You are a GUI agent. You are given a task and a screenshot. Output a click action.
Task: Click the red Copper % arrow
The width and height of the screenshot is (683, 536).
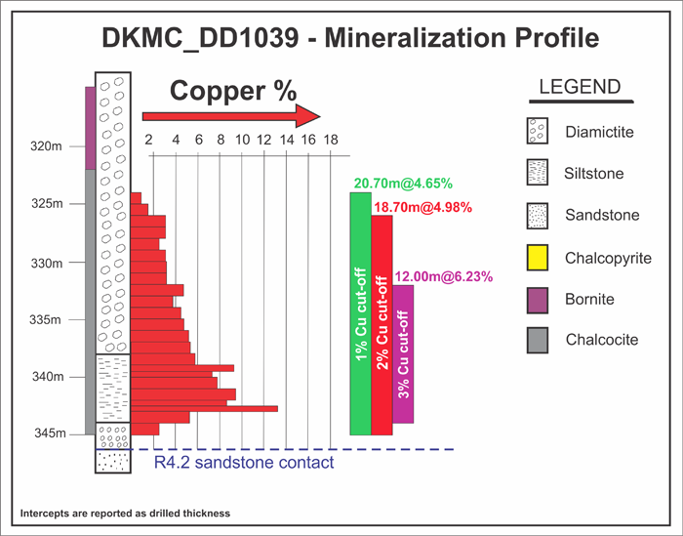click(232, 115)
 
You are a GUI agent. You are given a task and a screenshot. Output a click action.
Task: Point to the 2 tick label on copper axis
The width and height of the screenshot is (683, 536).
click(149, 140)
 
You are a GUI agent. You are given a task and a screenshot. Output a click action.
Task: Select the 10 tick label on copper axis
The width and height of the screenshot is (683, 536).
click(242, 140)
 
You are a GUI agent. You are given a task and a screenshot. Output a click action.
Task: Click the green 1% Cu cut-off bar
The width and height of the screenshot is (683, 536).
click(361, 312)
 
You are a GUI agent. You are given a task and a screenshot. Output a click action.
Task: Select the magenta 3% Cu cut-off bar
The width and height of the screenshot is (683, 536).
click(403, 353)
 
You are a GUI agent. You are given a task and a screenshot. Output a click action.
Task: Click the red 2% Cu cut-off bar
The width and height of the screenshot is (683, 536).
click(382, 324)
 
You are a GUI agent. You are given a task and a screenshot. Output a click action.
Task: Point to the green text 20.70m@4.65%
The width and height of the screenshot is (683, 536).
click(392, 183)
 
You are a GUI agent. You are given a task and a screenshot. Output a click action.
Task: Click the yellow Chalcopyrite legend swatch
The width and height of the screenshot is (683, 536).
click(535, 258)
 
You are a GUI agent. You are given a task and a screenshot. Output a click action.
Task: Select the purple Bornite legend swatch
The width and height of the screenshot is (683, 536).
click(535, 299)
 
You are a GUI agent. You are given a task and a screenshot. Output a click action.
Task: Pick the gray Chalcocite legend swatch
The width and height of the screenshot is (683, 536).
click(535, 339)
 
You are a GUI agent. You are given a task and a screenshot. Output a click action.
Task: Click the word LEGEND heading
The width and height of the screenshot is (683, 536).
click(580, 87)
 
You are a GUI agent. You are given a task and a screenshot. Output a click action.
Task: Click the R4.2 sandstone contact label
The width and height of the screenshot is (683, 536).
click(244, 462)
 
